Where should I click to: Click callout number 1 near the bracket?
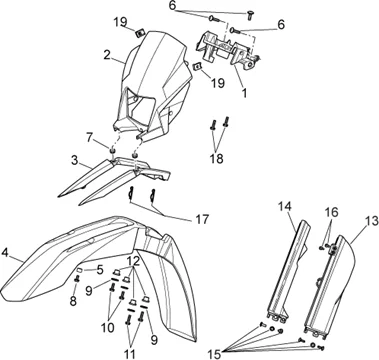click(245, 93)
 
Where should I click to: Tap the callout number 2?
click(107, 55)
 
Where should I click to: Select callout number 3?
click(75, 160)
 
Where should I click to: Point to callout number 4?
click(5, 252)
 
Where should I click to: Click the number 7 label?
click(89, 137)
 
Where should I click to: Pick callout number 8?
click(73, 301)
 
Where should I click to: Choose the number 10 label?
click(107, 328)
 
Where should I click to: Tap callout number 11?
click(129, 354)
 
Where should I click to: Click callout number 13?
click(371, 221)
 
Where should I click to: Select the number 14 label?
click(285, 206)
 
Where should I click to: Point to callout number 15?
click(215, 353)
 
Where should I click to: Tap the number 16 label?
click(332, 212)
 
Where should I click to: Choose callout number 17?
click(201, 219)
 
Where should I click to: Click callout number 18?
click(216, 159)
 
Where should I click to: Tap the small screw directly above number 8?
click(76, 279)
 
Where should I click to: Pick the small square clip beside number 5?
click(80, 269)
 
